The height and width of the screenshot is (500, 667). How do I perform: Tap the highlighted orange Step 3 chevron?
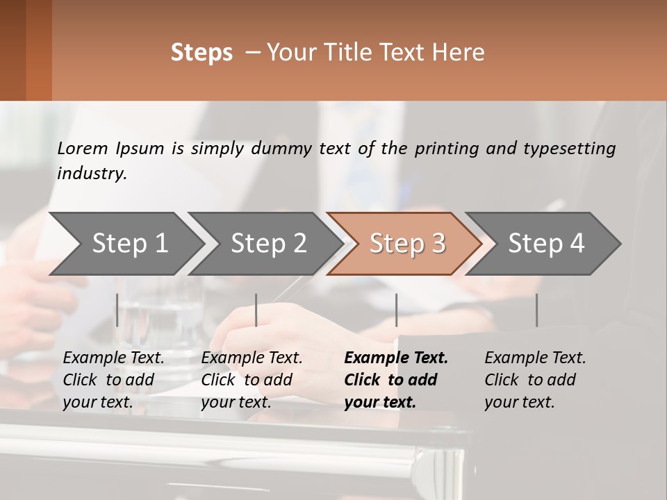coord(407,244)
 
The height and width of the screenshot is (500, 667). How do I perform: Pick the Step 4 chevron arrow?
coord(546,244)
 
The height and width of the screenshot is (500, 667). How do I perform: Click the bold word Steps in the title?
coord(201,53)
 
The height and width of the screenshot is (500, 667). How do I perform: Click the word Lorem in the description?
coord(83,148)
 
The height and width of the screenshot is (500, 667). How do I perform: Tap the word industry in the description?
coord(92,173)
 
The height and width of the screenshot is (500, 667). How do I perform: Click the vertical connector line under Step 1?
coord(117,310)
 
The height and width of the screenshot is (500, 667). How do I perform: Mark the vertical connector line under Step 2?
coord(256,310)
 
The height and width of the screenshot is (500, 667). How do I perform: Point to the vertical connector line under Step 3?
coord(396,310)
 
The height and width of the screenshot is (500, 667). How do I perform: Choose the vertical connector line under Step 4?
coord(536,310)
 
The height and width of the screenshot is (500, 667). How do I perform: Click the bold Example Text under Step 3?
coord(396,358)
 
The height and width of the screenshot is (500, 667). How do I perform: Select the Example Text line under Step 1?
coord(113,358)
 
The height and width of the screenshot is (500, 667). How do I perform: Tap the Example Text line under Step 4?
coord(535,358)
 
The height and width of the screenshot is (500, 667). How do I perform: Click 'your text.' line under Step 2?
coord(236,402)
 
